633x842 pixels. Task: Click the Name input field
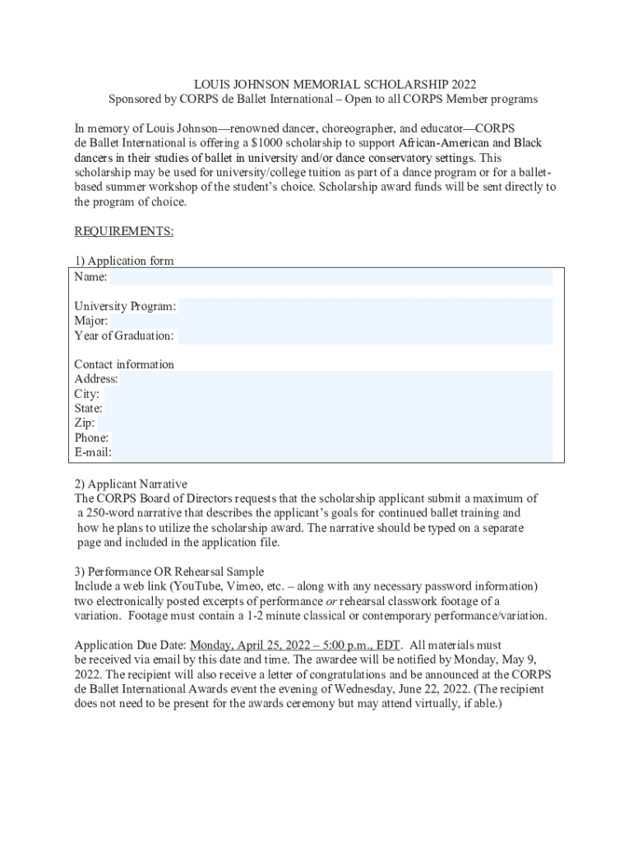tap(330, 277)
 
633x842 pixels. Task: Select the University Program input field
tap(365, 307)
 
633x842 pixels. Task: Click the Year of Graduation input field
tap(365, 336)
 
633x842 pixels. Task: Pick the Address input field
tap(336, 379)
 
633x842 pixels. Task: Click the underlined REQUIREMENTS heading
tap(124, 231)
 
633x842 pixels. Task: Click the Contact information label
tap(124, 364)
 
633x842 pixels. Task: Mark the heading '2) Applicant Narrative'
tap(131, 483)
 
